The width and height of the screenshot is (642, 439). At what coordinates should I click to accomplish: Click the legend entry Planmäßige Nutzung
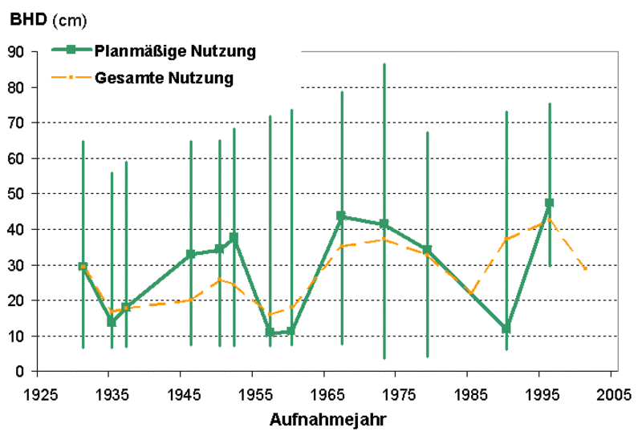pos(175,51)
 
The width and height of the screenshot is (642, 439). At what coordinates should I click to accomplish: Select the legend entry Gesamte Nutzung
pos(164,78)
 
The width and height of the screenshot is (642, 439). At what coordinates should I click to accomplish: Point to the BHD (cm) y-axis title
pos(48,17)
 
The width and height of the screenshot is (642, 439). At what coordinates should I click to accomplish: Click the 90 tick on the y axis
pos(18,51)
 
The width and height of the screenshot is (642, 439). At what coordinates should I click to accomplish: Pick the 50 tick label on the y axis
pos(18,194)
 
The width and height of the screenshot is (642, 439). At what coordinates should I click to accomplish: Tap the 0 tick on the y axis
pos(22,372)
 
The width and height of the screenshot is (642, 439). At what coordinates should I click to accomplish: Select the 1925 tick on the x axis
pos(41,395)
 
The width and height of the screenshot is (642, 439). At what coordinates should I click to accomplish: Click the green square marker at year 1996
pos(550,203)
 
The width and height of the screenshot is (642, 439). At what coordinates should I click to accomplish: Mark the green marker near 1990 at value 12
pos(506,328)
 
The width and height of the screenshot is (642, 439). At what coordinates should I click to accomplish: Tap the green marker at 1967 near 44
pos(342,216)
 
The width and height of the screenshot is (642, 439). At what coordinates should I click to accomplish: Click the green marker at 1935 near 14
pos(112,322)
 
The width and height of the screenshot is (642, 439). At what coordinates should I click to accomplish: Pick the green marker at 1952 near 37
pos(234,238)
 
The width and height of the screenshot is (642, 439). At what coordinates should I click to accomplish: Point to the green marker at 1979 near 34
pos(428,250)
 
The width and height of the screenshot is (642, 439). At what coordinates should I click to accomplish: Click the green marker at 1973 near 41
pos(384,224)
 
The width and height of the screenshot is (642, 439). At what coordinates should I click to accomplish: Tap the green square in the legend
pos(71,50)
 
